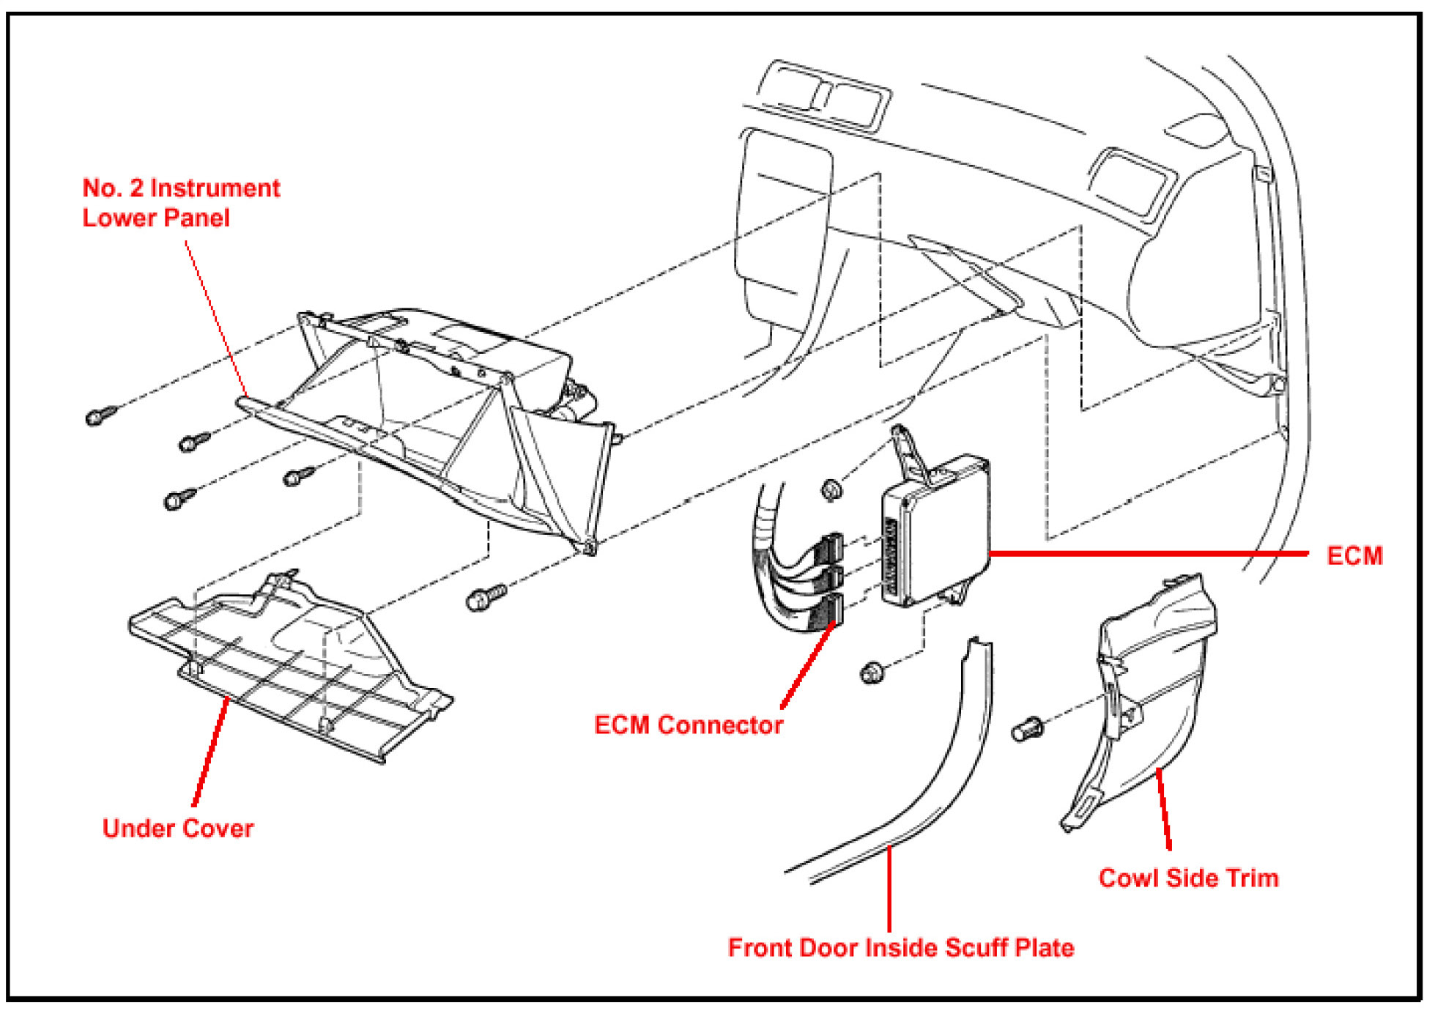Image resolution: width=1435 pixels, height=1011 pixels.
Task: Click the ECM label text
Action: [x=1354, y=556]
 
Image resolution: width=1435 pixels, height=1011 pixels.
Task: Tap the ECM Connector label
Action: [x=688, y=725]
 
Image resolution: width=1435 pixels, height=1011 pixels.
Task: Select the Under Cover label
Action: [x=178, y=829]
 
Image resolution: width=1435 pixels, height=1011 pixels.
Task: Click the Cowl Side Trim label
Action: [x=1188, y=878]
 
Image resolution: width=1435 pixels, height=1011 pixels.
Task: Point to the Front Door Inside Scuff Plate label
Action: [x=900, y=948]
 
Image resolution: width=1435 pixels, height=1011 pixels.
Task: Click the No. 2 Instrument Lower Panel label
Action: [x=180, y=203]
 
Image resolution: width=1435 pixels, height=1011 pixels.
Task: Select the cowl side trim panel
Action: [x=1150, y=696]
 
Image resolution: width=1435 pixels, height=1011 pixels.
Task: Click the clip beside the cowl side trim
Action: [x=1027, y=729]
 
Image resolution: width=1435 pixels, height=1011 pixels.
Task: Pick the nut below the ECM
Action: [x=872, y=671]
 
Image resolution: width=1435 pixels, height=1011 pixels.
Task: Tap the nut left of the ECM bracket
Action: [x=831, y=489]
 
